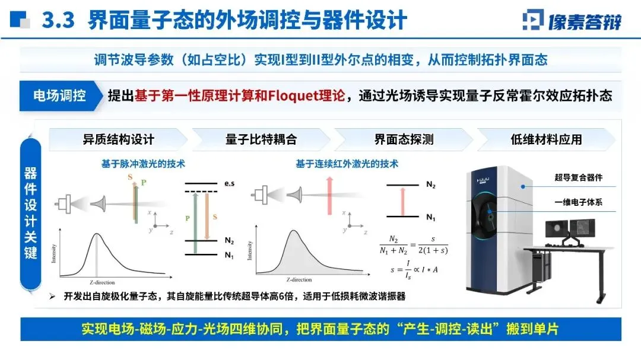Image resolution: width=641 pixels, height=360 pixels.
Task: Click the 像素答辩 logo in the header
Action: point(572,20)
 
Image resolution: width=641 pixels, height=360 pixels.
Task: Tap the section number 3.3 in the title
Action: point(58,21)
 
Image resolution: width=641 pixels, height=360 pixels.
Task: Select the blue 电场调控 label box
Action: point(59,95)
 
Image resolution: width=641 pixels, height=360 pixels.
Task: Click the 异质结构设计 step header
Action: point(118,140)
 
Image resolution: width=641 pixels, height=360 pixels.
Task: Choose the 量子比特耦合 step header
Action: point(261,140)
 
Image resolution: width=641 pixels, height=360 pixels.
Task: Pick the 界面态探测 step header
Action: point(404,140)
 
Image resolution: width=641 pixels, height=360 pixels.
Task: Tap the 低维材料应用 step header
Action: point(546,140)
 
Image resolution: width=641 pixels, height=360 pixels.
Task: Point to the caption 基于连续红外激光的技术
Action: point(347,164)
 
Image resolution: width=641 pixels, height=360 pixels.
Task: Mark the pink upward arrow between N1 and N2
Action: point(404,200)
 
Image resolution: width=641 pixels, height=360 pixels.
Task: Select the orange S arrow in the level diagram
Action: point(207,216)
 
